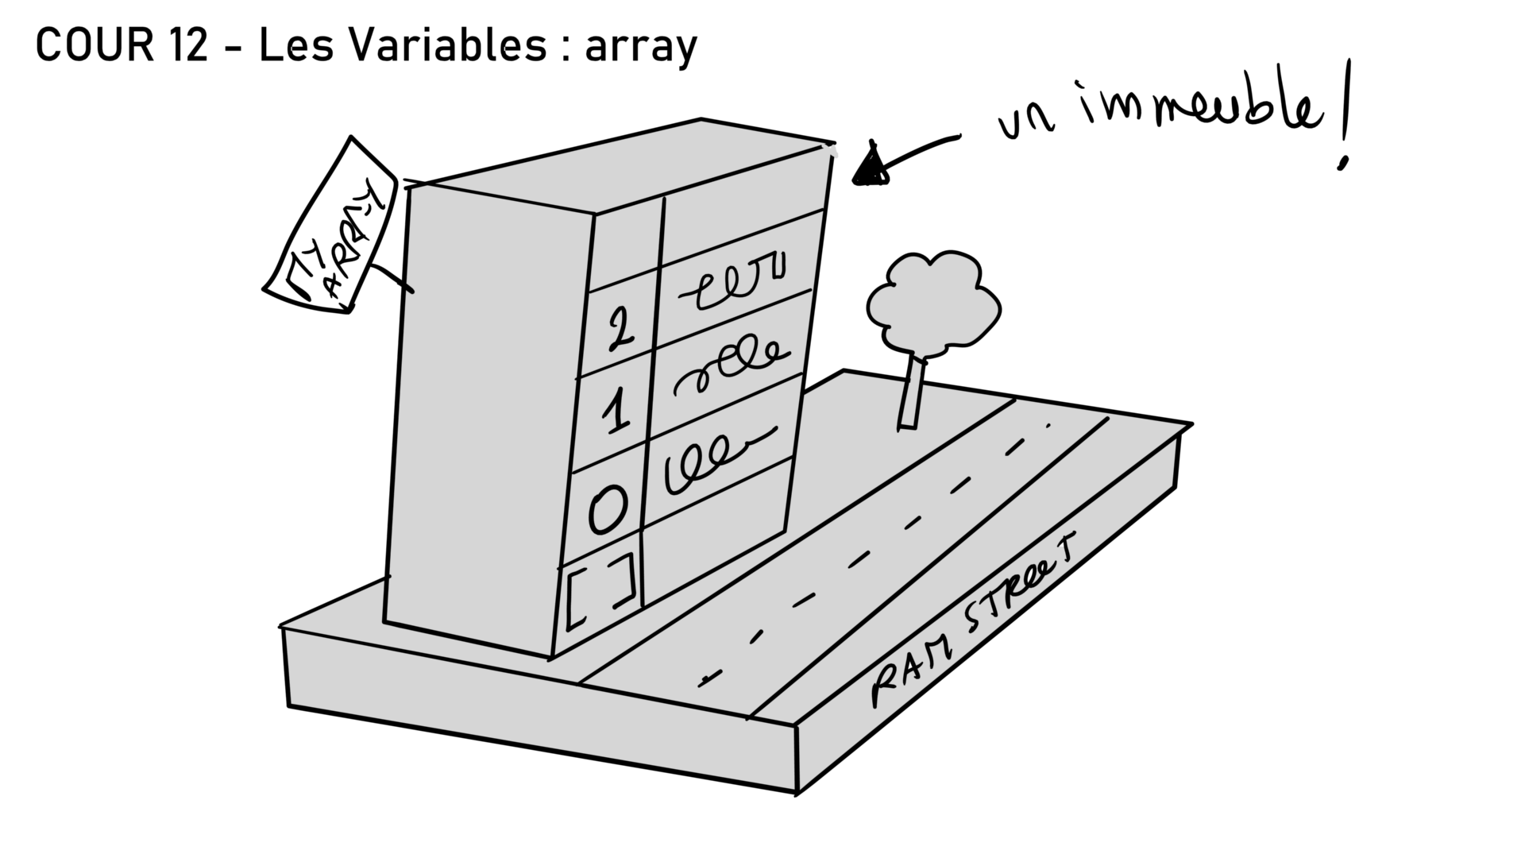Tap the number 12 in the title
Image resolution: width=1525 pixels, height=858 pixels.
188,45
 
